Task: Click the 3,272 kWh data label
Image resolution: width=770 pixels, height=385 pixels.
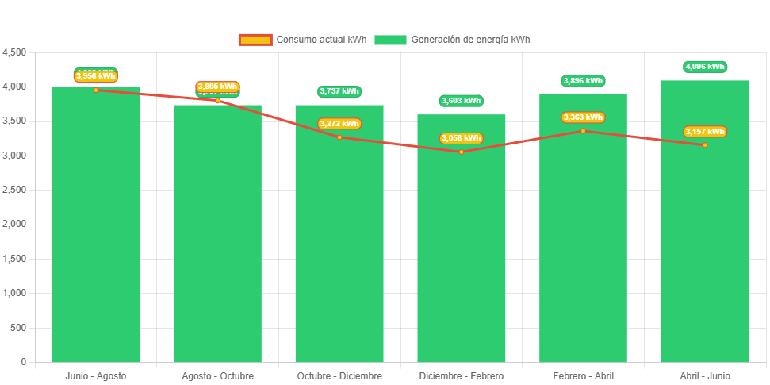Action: (x=339, y=124)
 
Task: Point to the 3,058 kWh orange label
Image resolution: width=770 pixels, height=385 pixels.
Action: (x=462, y=138)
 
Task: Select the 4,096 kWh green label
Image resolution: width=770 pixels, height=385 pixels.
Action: (x=705, y=67)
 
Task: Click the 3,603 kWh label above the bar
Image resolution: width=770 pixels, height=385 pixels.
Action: (x=462, y=101)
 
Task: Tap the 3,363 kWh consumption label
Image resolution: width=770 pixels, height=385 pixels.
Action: (x=583, y=117)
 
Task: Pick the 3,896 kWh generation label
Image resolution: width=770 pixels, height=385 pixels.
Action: (x=583, y=81)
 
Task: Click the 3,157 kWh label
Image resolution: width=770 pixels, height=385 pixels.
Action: (x=705, y=132)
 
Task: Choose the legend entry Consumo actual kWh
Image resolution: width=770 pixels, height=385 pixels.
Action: (x=302, y=40)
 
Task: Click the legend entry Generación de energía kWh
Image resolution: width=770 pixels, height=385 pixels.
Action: (x=453, y=40)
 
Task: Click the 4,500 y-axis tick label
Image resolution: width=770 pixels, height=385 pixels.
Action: (x=15, y=52)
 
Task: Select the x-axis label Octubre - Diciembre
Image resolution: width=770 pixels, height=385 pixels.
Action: (x=339, y=375)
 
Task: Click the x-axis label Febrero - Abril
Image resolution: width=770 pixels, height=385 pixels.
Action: (x=583, y=375)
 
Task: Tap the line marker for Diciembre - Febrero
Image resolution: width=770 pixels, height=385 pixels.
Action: (x=462, y=152)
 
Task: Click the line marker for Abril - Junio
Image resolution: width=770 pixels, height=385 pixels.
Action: (x=705, y=144)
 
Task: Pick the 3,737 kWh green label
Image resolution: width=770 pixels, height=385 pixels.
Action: (x=339, y=91)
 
